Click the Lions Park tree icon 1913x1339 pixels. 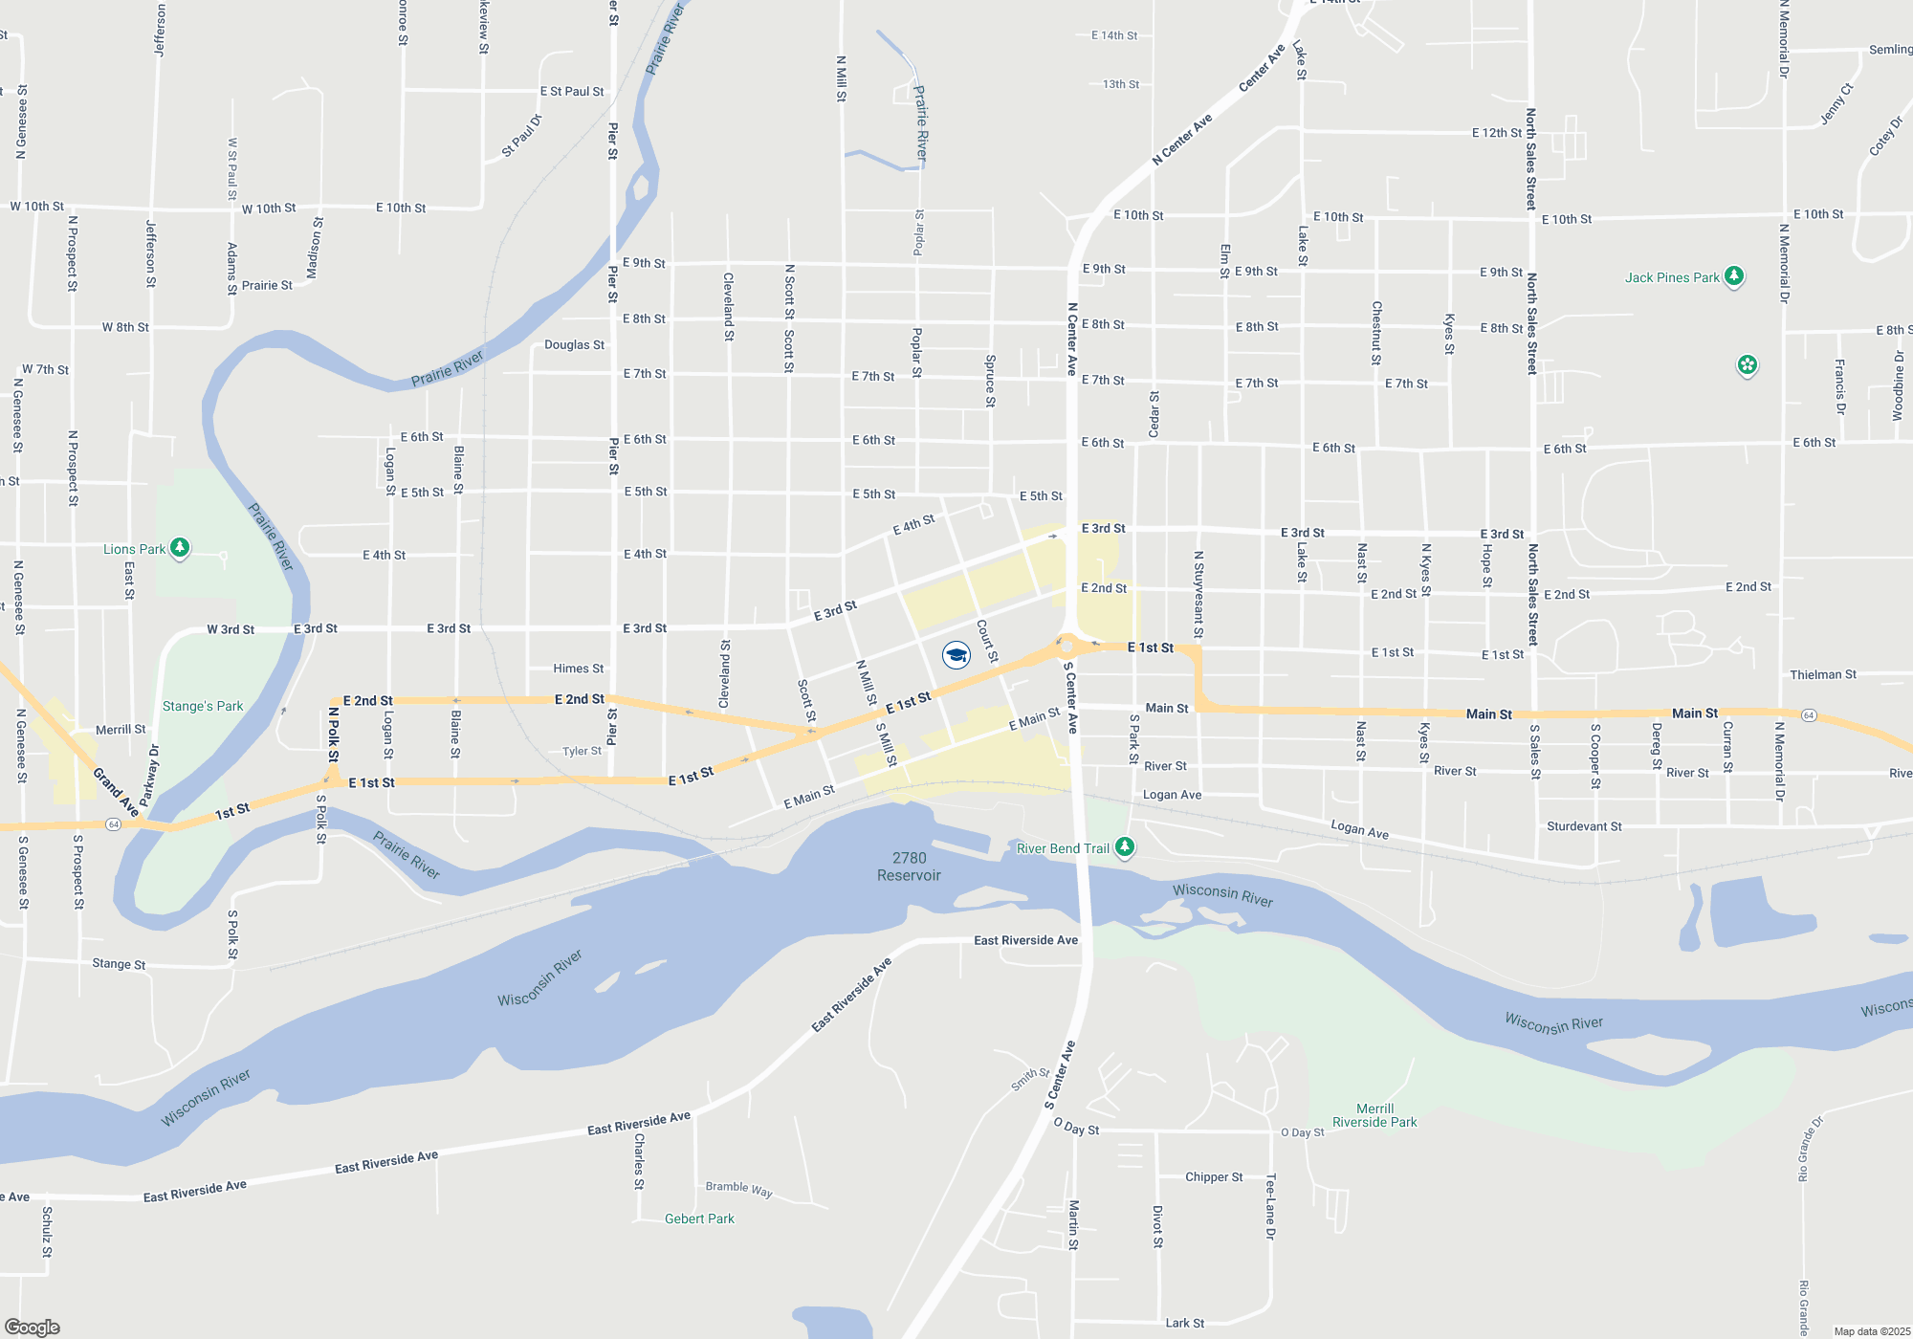point(180,548)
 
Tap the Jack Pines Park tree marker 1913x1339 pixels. point(1734,276)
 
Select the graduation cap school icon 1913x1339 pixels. point(956,654)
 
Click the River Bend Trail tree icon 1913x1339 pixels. point(1125,847)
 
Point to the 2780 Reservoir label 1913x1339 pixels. point(909,867)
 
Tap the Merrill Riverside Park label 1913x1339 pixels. point(1374,1115)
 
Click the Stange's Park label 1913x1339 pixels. point(203,706)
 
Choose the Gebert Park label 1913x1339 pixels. point(699,1218)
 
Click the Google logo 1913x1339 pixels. point(33,1327)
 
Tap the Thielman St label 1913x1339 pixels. point(1822,674)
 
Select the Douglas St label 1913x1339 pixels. point(574,344)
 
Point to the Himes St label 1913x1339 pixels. point(578,669)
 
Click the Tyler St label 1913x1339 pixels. point(582,751)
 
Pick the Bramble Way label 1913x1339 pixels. point(738,1189)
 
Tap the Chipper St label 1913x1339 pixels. point(1214,1176)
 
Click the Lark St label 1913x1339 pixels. point(1184,1323)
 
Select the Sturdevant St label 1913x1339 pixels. point(1584,826)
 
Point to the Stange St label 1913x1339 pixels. point(119,963)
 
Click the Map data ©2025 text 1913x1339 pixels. point(1872,1331)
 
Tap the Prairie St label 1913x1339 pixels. point(267,285)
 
